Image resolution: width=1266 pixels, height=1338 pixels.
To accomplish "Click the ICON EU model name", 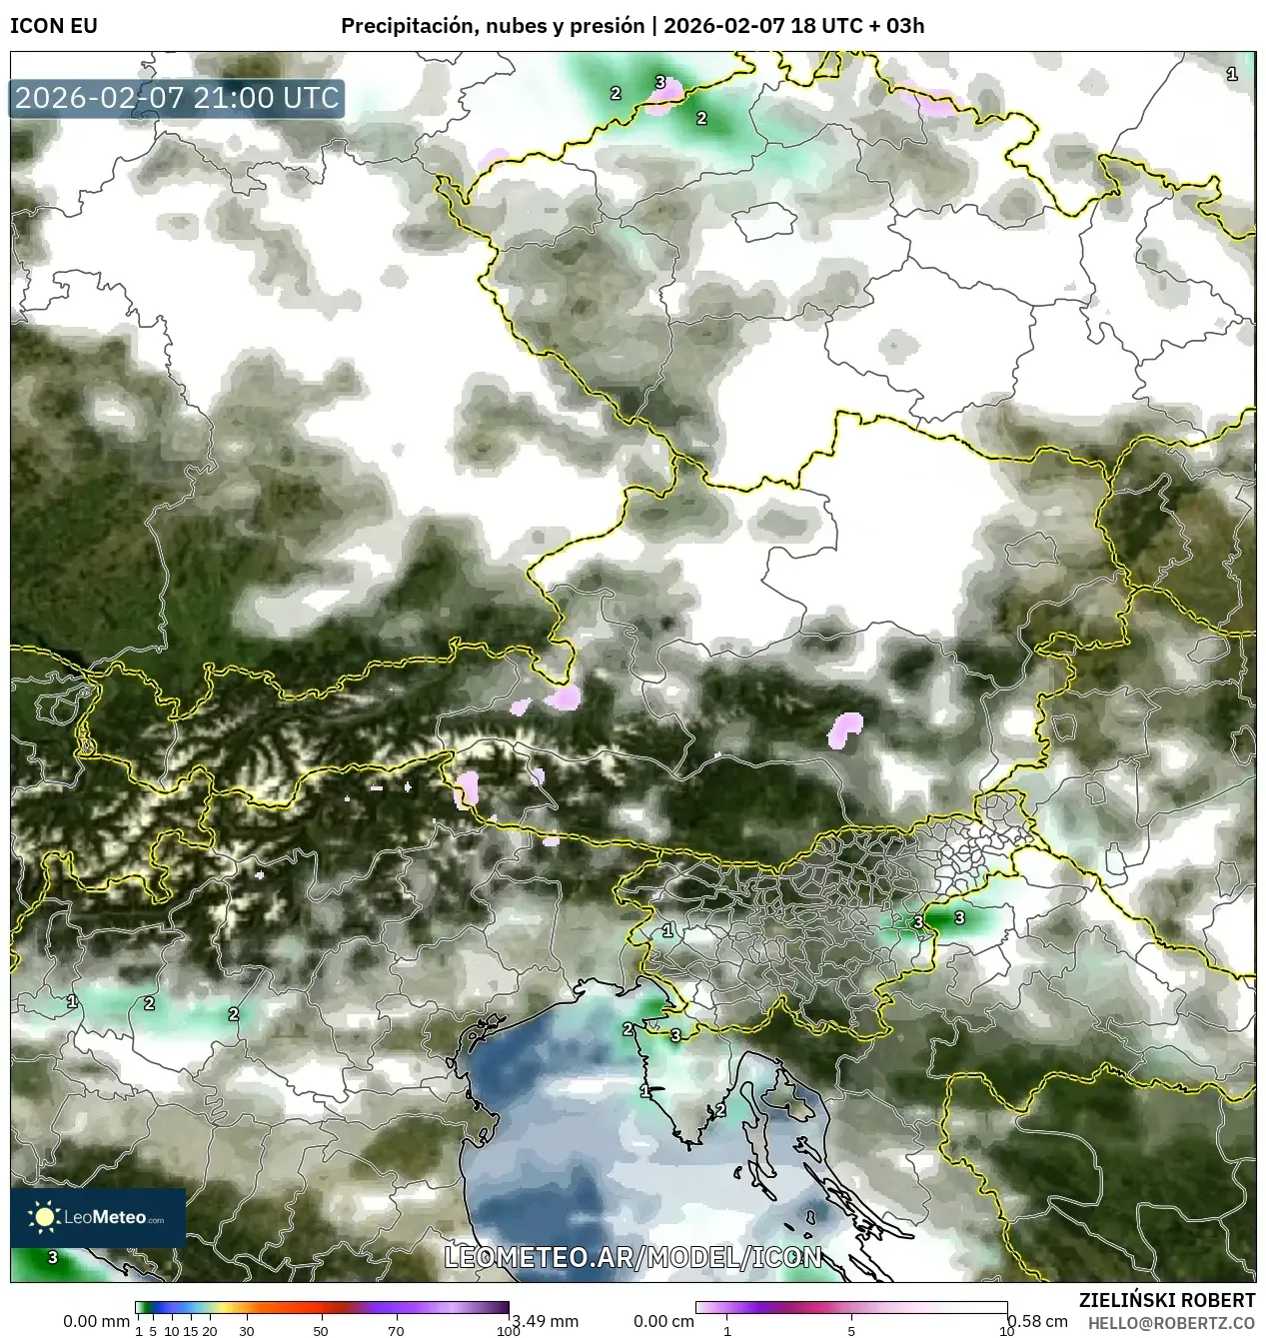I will point(54,26).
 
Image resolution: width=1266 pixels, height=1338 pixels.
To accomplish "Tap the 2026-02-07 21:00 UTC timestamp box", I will point(177,98).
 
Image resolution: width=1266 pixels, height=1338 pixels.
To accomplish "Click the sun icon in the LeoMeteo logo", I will point(44,1217).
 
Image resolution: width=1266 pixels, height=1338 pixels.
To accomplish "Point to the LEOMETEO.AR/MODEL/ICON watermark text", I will point(633,1257).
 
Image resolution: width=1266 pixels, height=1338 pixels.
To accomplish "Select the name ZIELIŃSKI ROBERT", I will point(1167,1300).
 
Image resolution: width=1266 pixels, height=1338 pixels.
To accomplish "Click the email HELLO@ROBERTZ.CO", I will point(1171,1322).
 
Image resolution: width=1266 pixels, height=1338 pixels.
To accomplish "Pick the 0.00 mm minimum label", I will point(96,1321).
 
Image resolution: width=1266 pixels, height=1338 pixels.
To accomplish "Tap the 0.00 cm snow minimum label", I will point(663,1321).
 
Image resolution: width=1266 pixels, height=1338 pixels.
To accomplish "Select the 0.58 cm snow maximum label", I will point(1037,1321).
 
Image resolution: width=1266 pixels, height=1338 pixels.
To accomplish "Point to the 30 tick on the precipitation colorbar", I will point(246,1331).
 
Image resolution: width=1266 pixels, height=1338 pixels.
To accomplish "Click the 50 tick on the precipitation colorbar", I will point(321,1331).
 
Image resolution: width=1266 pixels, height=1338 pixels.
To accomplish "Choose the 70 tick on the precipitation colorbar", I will point(396,1331).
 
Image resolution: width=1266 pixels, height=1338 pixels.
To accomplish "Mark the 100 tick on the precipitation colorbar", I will point(508,1331).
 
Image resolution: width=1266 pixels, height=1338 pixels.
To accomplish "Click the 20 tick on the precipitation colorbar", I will point(210,1331).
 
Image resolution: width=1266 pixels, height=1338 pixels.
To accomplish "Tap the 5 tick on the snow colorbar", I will point(851,1331).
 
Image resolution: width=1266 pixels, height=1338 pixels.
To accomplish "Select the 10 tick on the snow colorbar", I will point(1006,1331).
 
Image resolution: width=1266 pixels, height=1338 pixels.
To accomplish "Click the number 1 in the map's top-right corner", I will point(1232,74).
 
